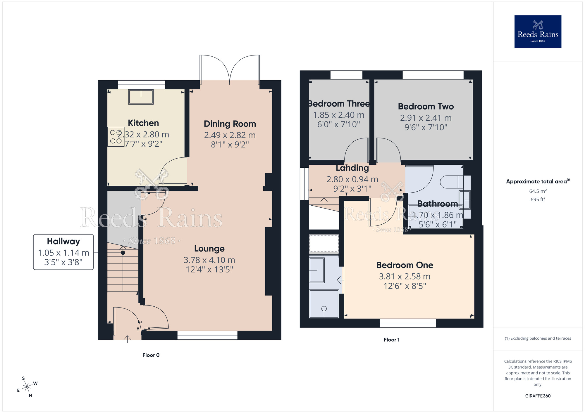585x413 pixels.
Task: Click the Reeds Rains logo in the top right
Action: tap(538, 32)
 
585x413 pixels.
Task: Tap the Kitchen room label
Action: tap(143, 123)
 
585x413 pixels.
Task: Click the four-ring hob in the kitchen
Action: tap(116, 137)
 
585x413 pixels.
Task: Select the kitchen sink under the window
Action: tap(141, 97)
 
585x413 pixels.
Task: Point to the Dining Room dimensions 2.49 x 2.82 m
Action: tap(230, 135)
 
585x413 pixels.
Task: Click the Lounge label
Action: tap(209, 249)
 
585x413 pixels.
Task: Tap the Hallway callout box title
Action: tap(63, 241)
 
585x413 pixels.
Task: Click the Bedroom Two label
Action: tap(426, 107)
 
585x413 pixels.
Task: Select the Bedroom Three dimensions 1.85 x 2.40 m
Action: tap(338, 115)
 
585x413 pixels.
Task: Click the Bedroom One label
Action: tap(405, 265)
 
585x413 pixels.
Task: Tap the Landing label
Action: tap(352, 168)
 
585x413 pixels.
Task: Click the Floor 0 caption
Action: tap(151, 355)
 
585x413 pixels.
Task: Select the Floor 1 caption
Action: tap(391, 340)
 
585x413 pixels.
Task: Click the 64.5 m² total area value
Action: tap(538, 191)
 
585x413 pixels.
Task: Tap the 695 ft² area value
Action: tap(538, 199)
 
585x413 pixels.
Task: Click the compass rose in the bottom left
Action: tap(27, 387)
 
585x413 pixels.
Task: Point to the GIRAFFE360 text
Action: tap(538, 396)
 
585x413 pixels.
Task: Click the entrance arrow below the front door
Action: tap(127, 339)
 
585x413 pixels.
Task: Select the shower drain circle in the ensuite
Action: tap(324, 309)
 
